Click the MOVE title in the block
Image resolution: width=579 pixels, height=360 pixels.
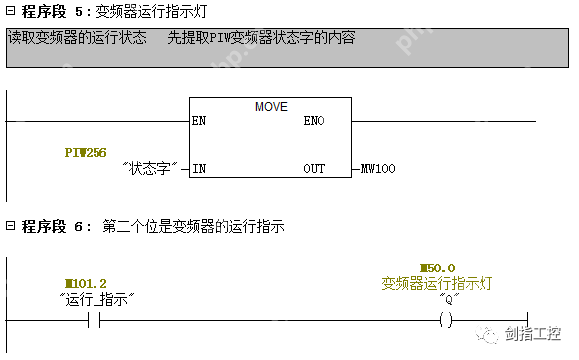pyautogui.click(x=270, y=105)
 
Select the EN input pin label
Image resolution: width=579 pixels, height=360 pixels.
pyautogui.click(x=198, y=121)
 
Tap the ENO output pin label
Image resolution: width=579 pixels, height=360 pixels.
pyautogui.click(x=313, y=121)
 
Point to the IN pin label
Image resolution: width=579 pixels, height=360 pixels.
pyautogui.click(x=198, y=169)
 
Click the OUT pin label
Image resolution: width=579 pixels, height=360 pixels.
pyautogui.click(x=314, y=169)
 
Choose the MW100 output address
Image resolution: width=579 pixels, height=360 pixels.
pyautogui.click(x=378, y=169)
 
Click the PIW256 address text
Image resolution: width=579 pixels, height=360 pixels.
pyautogui.click(x=85, y=152)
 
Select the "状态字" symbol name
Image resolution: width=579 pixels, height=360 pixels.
pyautogui.click(x=153, y=169)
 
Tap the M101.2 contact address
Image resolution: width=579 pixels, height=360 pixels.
pyautogui.click(x=86, y=282)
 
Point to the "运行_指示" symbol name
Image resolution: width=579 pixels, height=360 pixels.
pyautogui.click(x=96, y=298)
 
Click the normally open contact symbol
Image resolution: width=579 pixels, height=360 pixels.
pyautogui.click(x=96, y=320)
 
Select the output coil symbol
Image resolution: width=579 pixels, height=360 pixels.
pyautogui.click(x=446, y=320)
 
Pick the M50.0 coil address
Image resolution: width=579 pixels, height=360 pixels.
pyautogui.click(x=438, y=269)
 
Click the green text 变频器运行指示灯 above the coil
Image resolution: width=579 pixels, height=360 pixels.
pyautogui.click(x=438, y=283)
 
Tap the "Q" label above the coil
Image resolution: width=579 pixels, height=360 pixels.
pyautogui.click(x=447, y=298)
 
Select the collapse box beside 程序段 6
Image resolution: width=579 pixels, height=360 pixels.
pyautogui.click(x=10, y=227)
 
